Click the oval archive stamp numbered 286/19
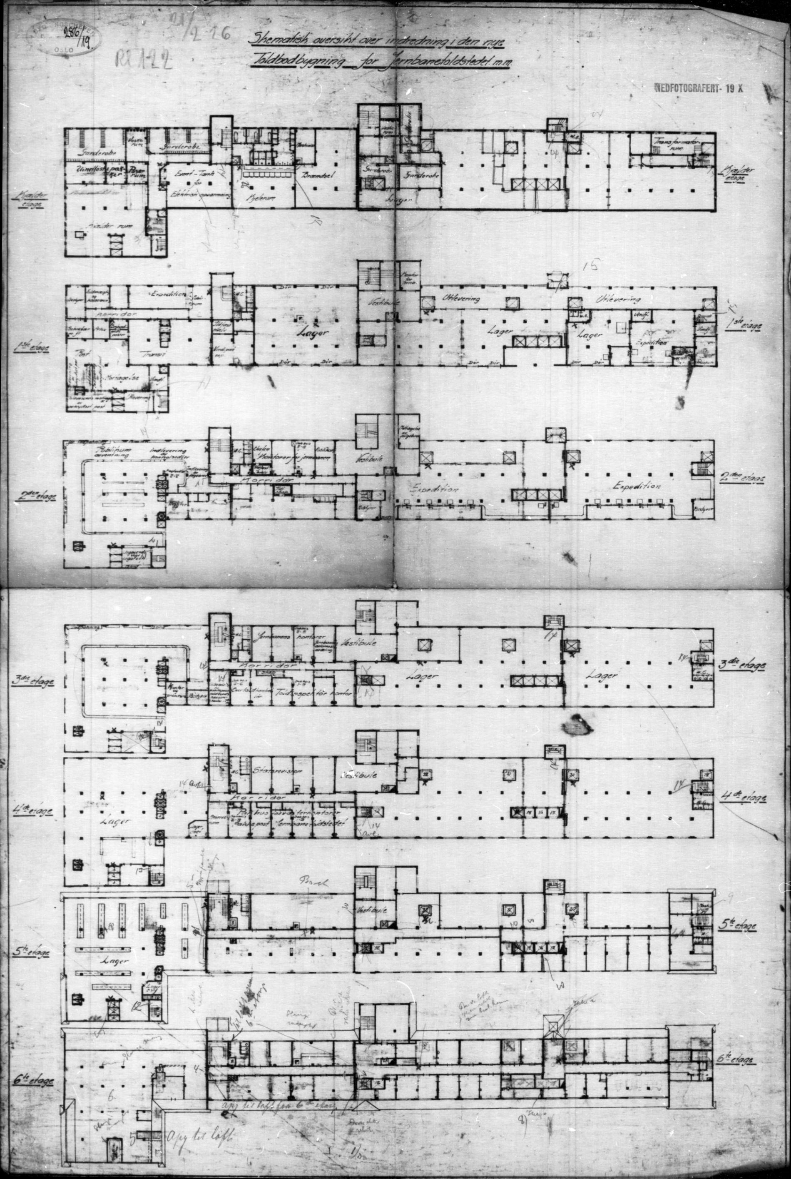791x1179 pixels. pyautogui.click(x=64, y=37)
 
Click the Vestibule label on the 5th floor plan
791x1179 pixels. pyautogui.click(x=372, y=911)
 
